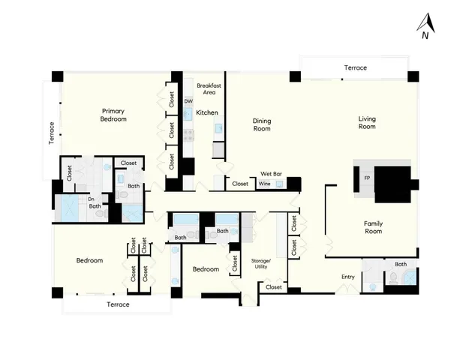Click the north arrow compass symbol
(425, 25)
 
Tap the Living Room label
(366, 121)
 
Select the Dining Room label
(262, 124)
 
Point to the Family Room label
(373, 227)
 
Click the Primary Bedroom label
(113, 115)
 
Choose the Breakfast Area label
(206, 89)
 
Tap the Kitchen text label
(207, 112)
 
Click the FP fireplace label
(367, 178)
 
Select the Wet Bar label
(271, 173)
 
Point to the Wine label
(264, 184)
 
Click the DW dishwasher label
(188, 101)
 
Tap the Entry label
(347, 277)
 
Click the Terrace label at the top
(356, 68)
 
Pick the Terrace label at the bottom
(118, 304)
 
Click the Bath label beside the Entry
(401, 264)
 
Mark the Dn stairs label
(91, 199)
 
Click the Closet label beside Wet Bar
(240, 184)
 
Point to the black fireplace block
(392, 184)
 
